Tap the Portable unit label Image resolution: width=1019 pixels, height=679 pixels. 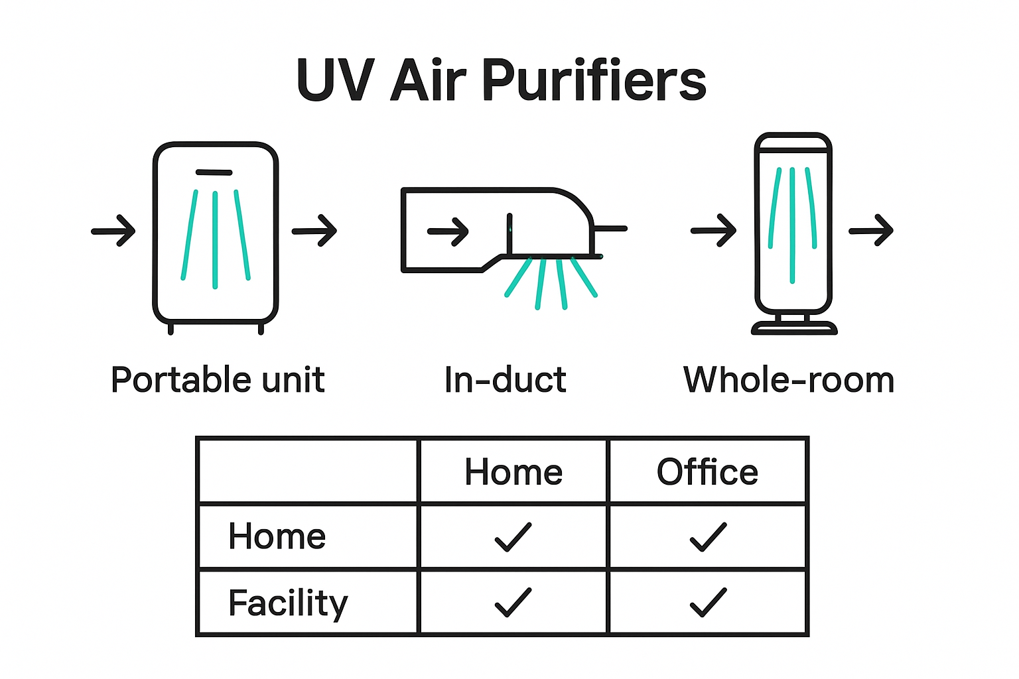(x=218, y=380)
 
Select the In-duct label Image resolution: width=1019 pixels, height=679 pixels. (x=506, y=380)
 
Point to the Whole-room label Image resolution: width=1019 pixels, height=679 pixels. (x=789, y=380)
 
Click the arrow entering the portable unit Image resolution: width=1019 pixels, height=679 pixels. (x=113, y=231)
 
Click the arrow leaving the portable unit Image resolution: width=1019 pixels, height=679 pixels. (x=314, y=230)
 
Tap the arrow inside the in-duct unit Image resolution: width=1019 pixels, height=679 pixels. (x=448, y=231)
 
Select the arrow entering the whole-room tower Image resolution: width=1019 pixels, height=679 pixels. (x=714, y=230)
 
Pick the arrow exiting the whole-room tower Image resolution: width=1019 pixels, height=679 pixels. (x=871, y=230)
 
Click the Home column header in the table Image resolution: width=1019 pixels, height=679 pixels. (x=513, y=472)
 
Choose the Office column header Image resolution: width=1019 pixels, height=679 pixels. (x=707, y=472)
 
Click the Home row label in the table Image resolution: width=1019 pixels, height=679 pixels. (x=277, y=536)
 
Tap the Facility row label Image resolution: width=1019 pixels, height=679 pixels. (x=288, y=602)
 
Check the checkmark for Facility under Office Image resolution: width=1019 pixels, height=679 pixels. (x=708, y=602)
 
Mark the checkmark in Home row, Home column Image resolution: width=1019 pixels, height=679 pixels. (x=513, y=537)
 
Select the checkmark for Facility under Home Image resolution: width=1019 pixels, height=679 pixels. (x=513, y=602)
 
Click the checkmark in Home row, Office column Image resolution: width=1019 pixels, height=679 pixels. (x=708, y=537)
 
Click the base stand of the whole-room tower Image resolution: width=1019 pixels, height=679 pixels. (x=794, y=327)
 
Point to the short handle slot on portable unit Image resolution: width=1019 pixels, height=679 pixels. (x=214, y=172)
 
